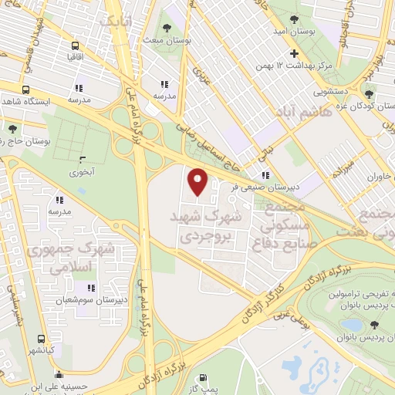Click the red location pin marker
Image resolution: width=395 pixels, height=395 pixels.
[198, 181]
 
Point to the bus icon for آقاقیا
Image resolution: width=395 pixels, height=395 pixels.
[75, 46]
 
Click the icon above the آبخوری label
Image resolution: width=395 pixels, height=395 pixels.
[83, 160]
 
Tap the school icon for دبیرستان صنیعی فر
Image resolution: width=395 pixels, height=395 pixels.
[266, 174]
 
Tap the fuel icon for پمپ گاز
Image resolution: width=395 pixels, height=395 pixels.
[203, 378]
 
